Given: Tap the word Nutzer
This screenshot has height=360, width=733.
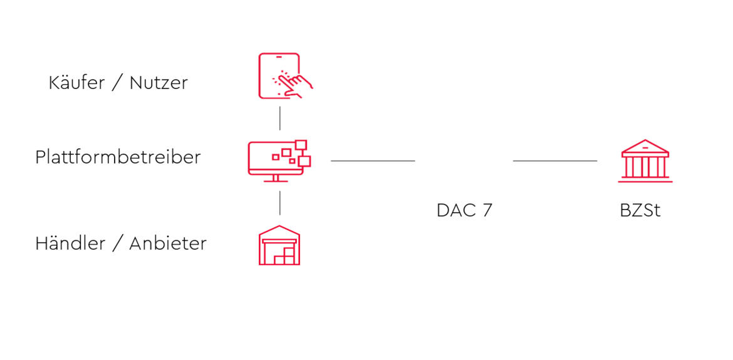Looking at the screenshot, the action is click(x=159, y=83).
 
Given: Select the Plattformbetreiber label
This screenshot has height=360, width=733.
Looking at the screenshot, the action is click(x=118, y=157).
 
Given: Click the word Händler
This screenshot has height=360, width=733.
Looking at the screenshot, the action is click(x=71, y=243).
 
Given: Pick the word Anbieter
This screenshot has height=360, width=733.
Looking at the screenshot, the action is click(x=168, y=243).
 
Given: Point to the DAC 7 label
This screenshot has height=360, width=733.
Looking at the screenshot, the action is click(x=464, y=211).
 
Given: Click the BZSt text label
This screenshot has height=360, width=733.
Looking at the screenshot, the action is click(x=640, y=211).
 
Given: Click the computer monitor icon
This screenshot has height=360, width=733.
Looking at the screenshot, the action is click(x=279, y=161).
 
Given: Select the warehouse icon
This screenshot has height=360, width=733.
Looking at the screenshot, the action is click(x=279, y=245).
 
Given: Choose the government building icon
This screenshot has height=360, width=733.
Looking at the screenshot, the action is click(x=645, y=161).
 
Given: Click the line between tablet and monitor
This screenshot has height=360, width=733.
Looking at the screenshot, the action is click(x=280, y=118).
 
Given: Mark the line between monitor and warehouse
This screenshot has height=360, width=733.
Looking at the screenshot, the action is click(x=280, y=203).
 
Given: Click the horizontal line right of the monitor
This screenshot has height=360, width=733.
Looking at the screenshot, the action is click(x=373, y=161).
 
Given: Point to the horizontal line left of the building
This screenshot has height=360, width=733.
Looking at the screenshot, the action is click(x=555, y=161).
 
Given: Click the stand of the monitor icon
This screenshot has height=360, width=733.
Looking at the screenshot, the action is click(x=275, y=178).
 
